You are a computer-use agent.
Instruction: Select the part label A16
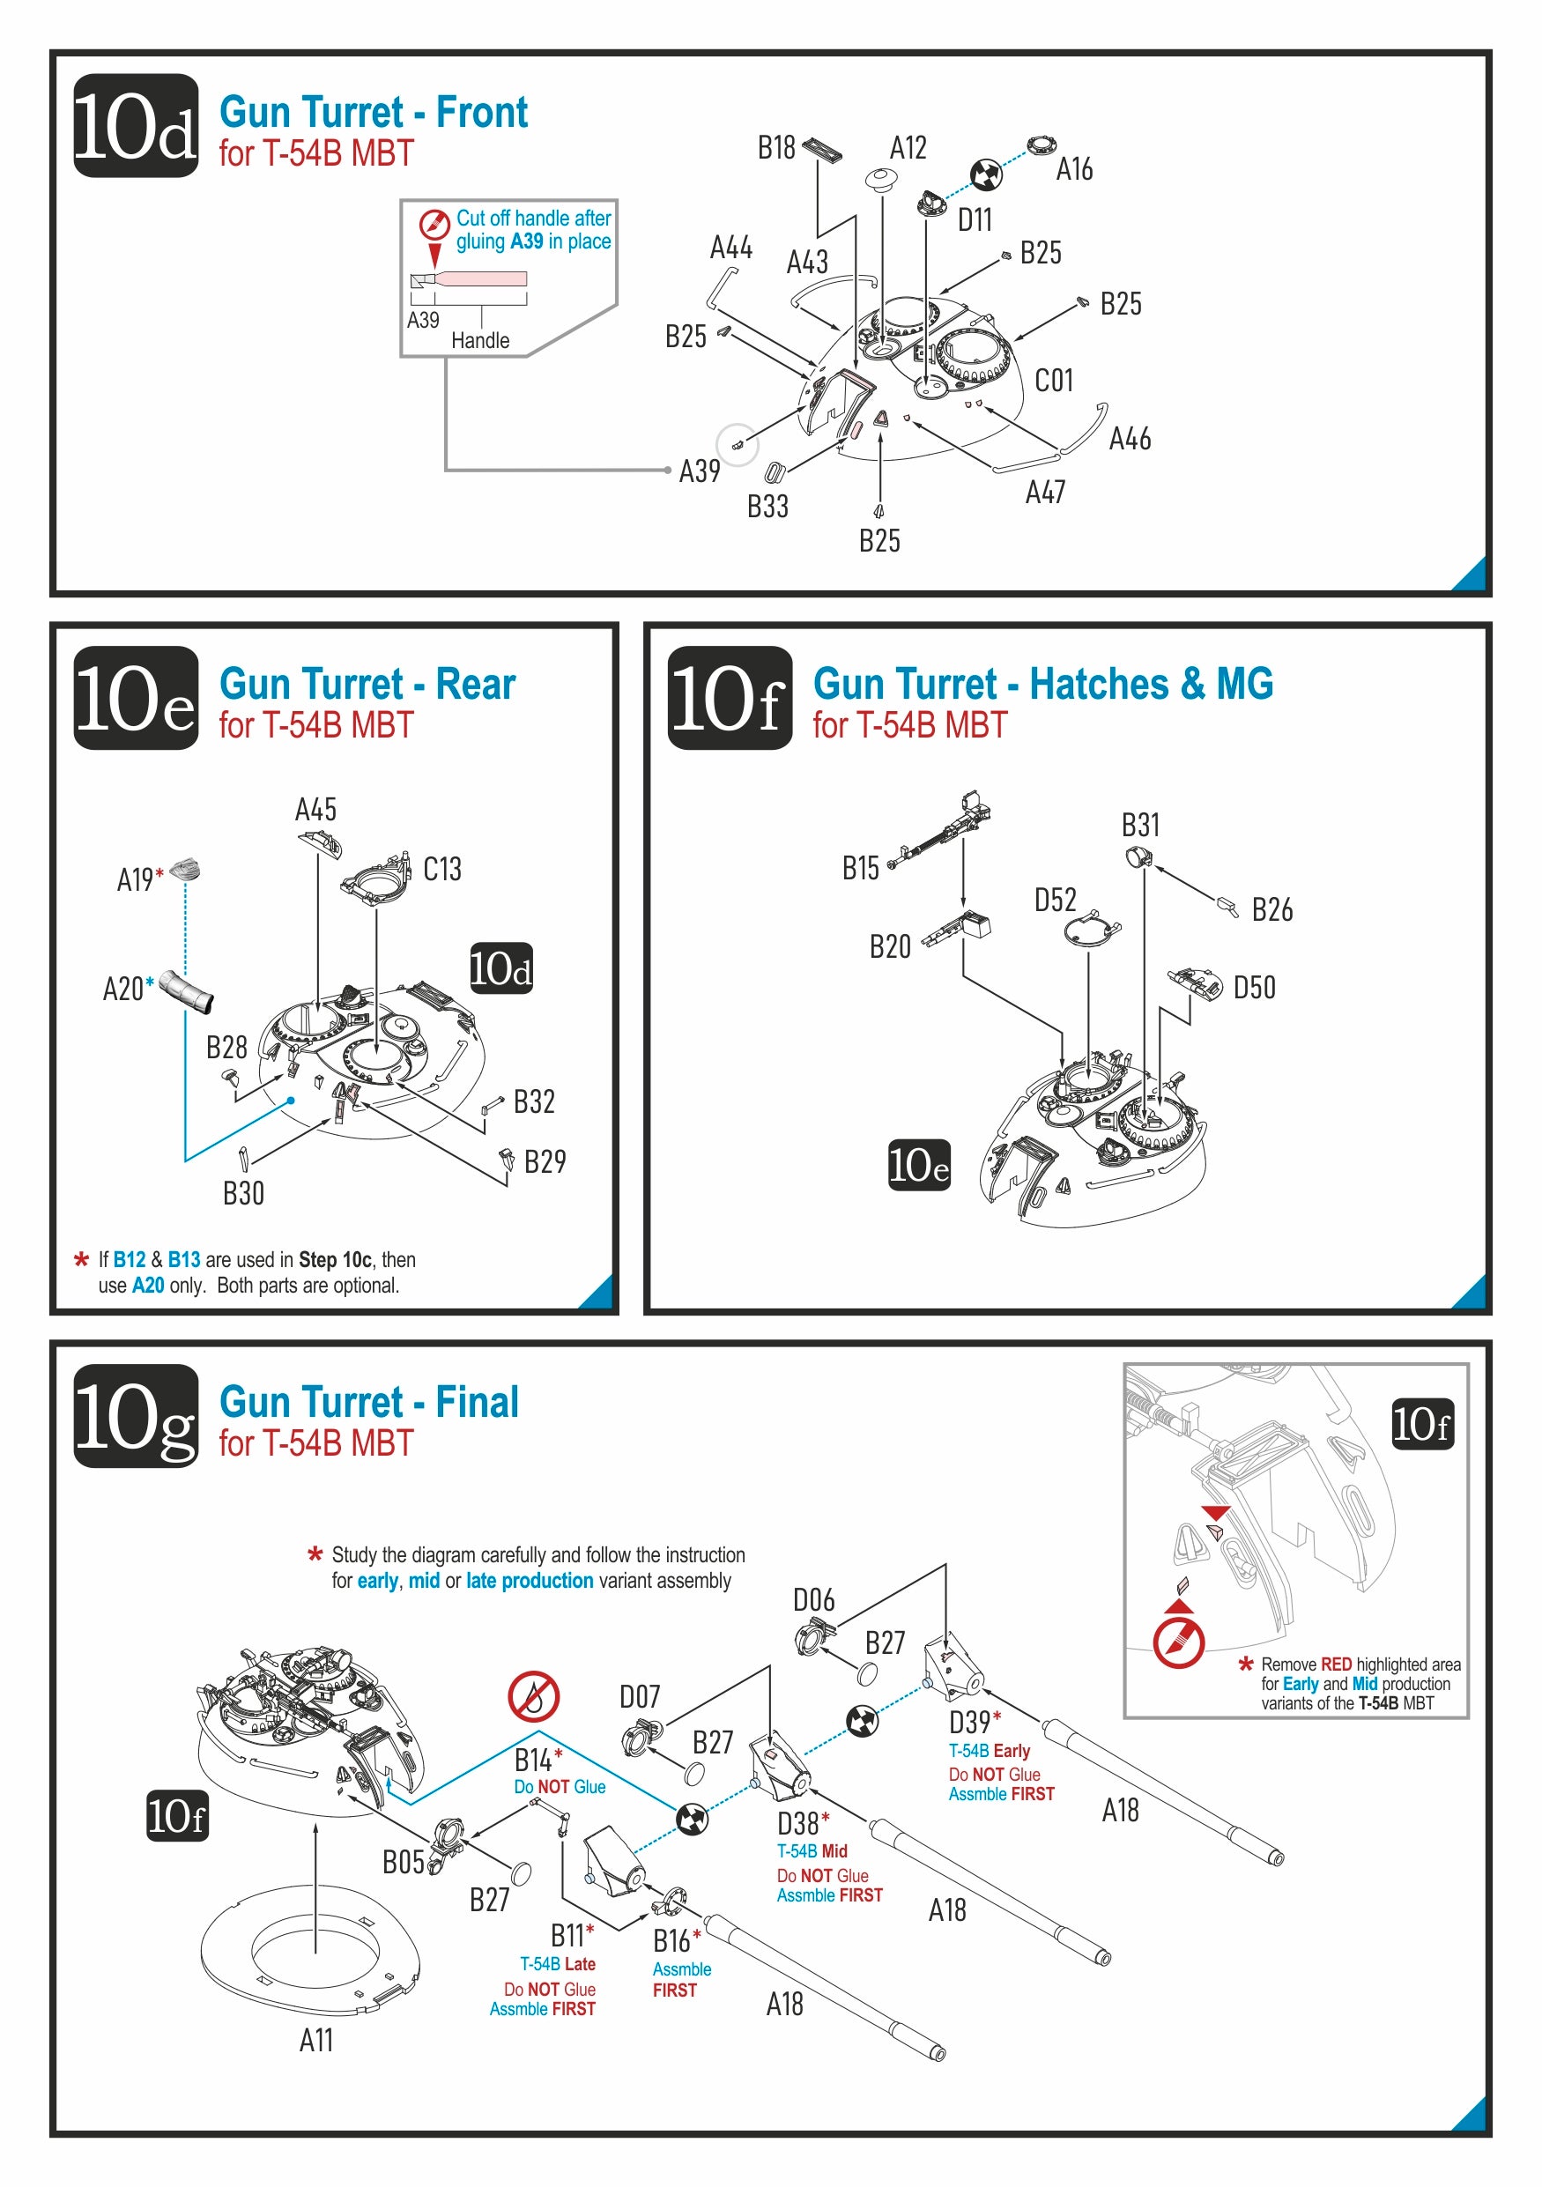click(x=1073, y=169)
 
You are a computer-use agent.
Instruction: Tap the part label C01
click(x=1053, y=381)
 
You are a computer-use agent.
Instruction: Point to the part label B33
click(x=767, y=507)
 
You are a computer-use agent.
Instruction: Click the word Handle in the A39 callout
click(x=480, y=340)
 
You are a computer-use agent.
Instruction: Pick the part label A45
click(x=315, y=810)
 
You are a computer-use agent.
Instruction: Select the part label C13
click(x=442, y=869)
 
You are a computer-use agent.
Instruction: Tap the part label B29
click(x=545, y=1161)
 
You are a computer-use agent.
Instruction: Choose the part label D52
click(x=1056, y=901)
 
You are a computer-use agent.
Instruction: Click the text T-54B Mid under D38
click(x=812, y=1850)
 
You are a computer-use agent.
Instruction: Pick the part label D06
click(x=813, y=1600)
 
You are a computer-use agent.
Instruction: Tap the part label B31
click(x=1140, y=825)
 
